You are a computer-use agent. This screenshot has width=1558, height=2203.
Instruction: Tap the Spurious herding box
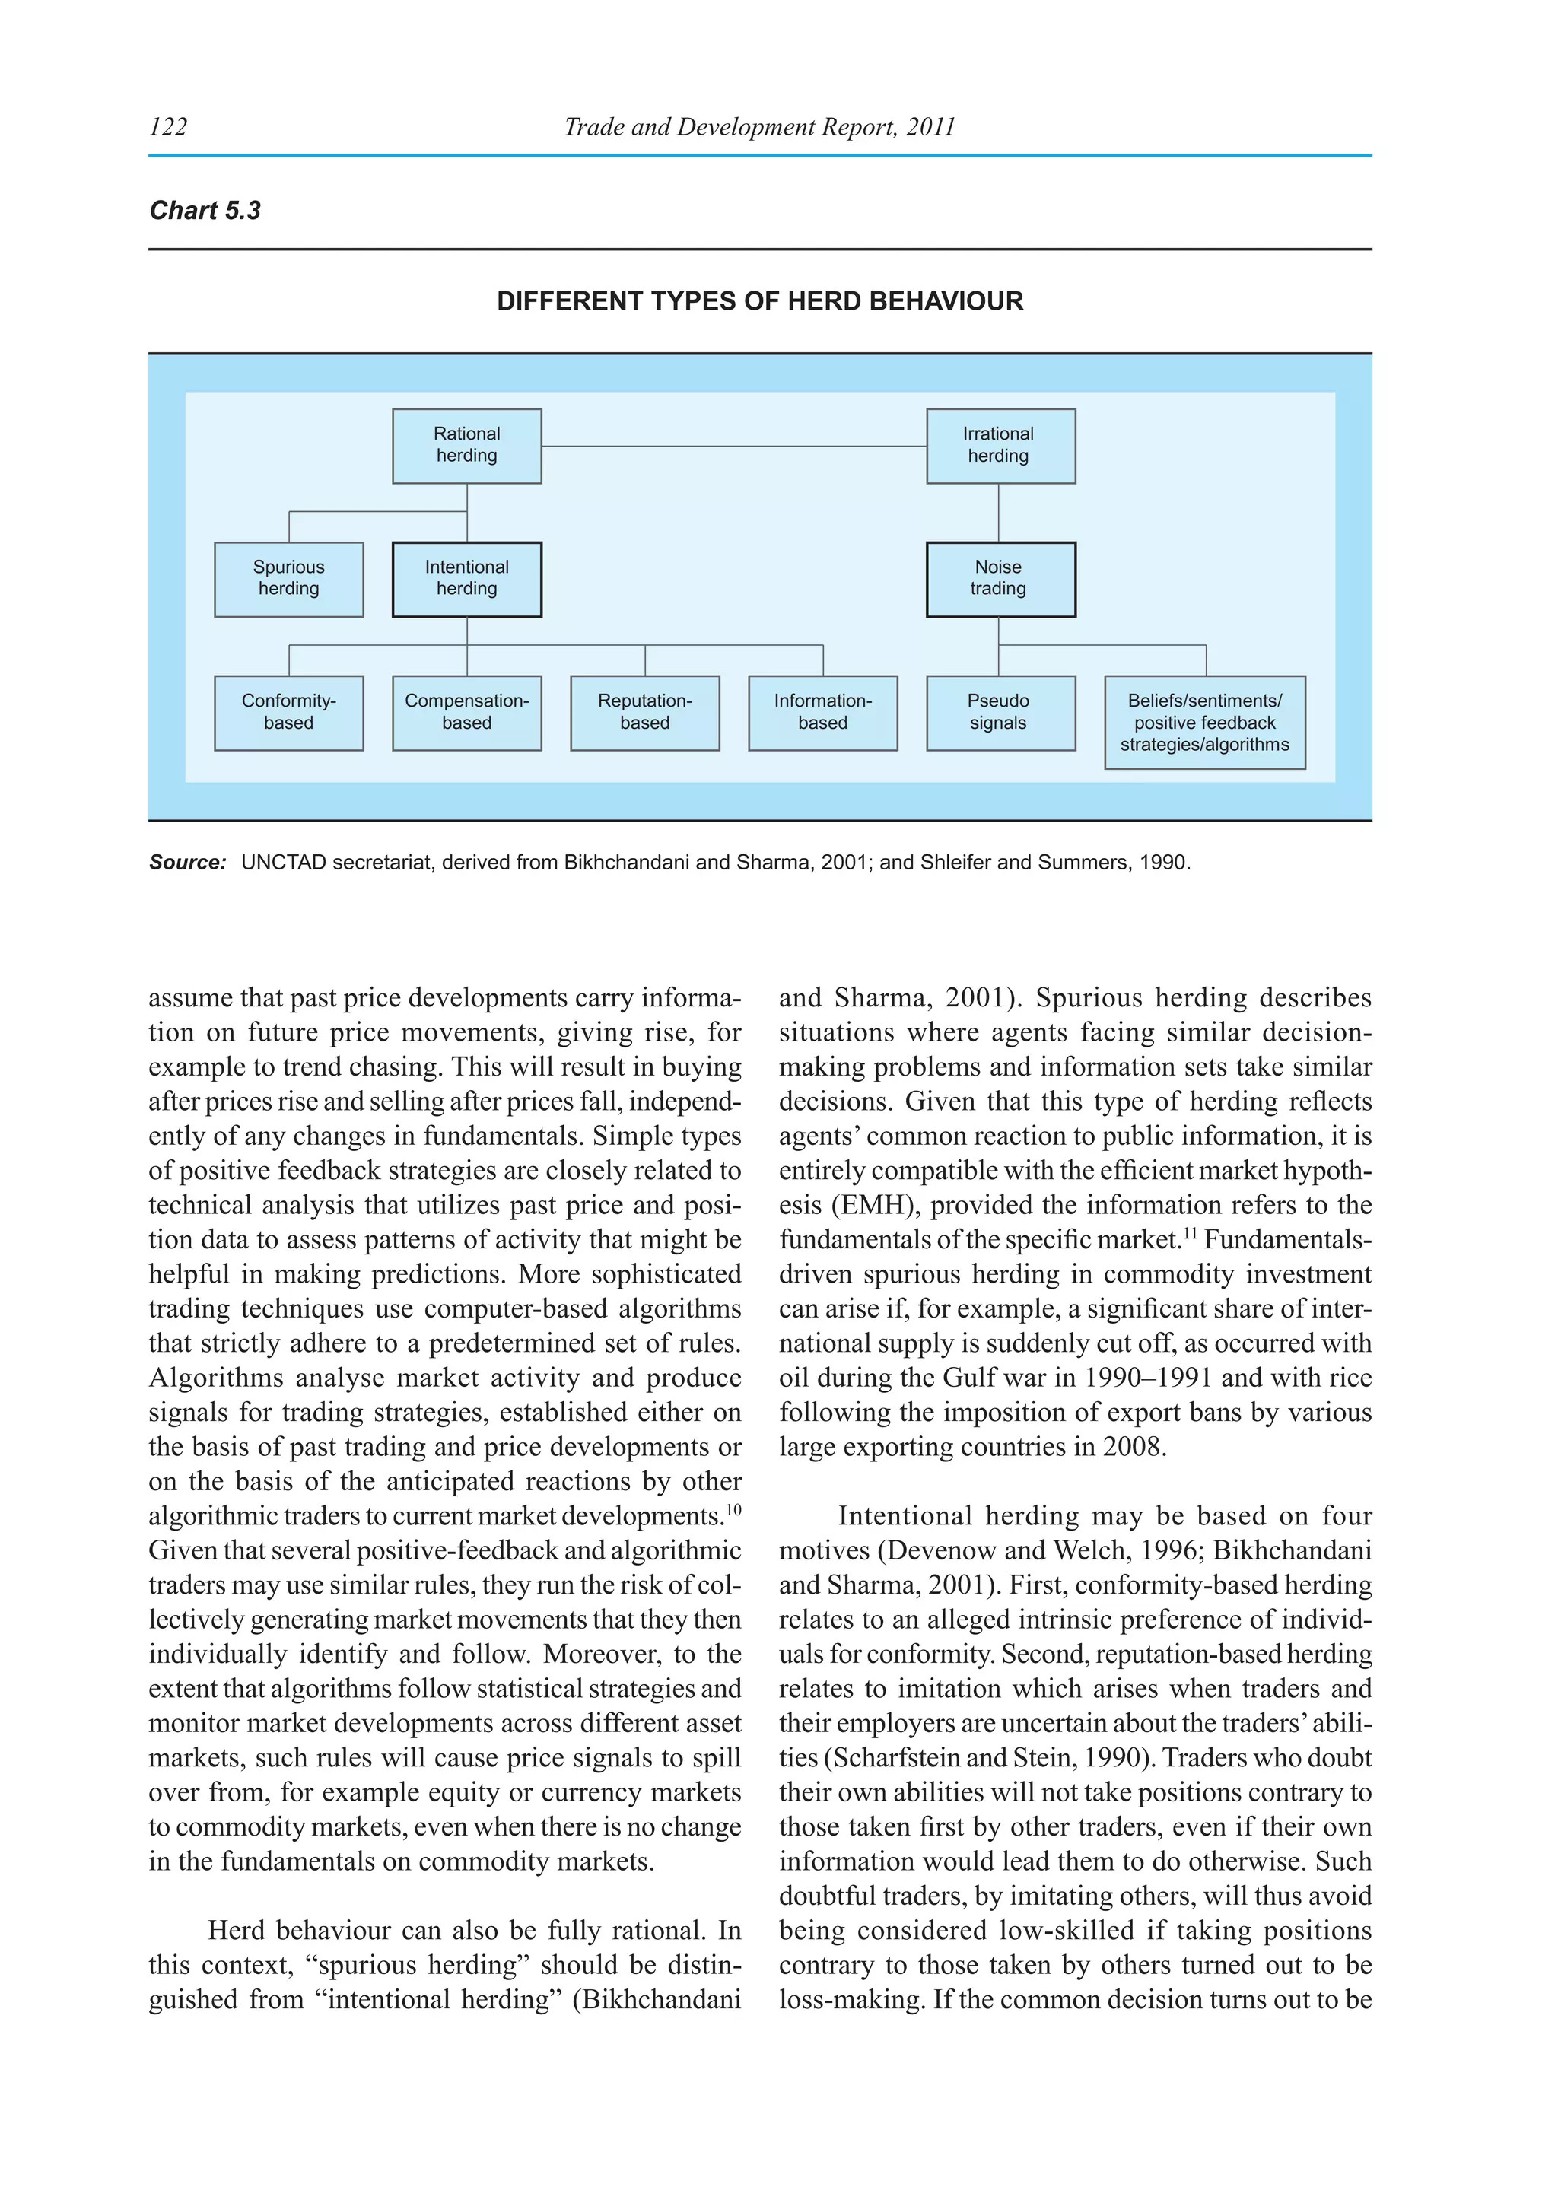tap(289, 579)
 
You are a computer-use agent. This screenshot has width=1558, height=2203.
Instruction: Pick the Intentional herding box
tap(466, 579)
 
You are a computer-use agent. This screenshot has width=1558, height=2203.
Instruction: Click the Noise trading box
tap(1000, 579)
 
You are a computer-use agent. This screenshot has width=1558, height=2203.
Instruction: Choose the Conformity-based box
tap(289, 712)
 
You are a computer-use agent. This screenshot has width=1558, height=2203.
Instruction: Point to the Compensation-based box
tap(466, 712)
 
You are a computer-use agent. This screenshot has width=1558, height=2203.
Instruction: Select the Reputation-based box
tap(644, 712)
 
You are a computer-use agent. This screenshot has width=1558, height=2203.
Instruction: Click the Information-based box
tap(822, 712)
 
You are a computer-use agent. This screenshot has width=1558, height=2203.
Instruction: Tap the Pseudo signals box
tap(1000, 712)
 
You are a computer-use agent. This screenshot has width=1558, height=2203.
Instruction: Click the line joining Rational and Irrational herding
tap(734, 447)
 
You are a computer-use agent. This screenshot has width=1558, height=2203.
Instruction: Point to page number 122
tap(169, 126)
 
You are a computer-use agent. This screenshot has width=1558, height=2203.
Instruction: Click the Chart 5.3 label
tap(205, 210)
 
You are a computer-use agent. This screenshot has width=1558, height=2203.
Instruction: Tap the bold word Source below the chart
tap(187, 862)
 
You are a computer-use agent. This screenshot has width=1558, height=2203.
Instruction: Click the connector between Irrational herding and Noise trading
tap(1000, 513)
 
